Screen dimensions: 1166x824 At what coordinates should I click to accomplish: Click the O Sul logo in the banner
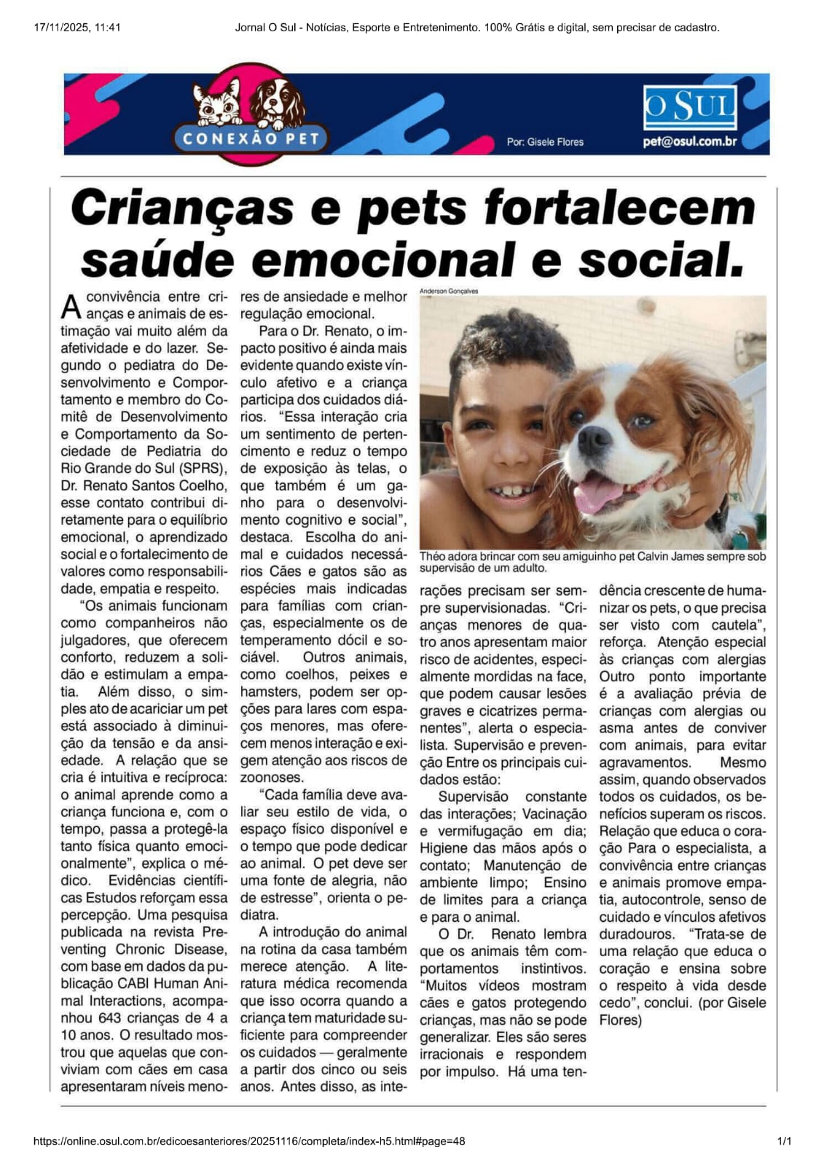(x=689, y=107)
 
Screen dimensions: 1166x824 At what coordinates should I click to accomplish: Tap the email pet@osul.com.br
(x=689, y=141)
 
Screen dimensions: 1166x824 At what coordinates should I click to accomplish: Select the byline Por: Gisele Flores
(x=545, y=142)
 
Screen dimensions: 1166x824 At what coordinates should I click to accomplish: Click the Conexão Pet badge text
(x=251, y=138)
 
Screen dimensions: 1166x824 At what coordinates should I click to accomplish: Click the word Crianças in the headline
(x=182, y=208)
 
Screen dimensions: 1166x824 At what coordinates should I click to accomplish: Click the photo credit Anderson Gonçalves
(x=449, y=291)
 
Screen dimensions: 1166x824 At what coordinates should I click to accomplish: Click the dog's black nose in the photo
(x=595, y=439)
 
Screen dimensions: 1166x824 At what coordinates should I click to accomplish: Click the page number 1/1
(x=784, y=1141)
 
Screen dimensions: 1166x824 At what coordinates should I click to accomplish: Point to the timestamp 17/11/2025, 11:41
(x=77, y=28)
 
